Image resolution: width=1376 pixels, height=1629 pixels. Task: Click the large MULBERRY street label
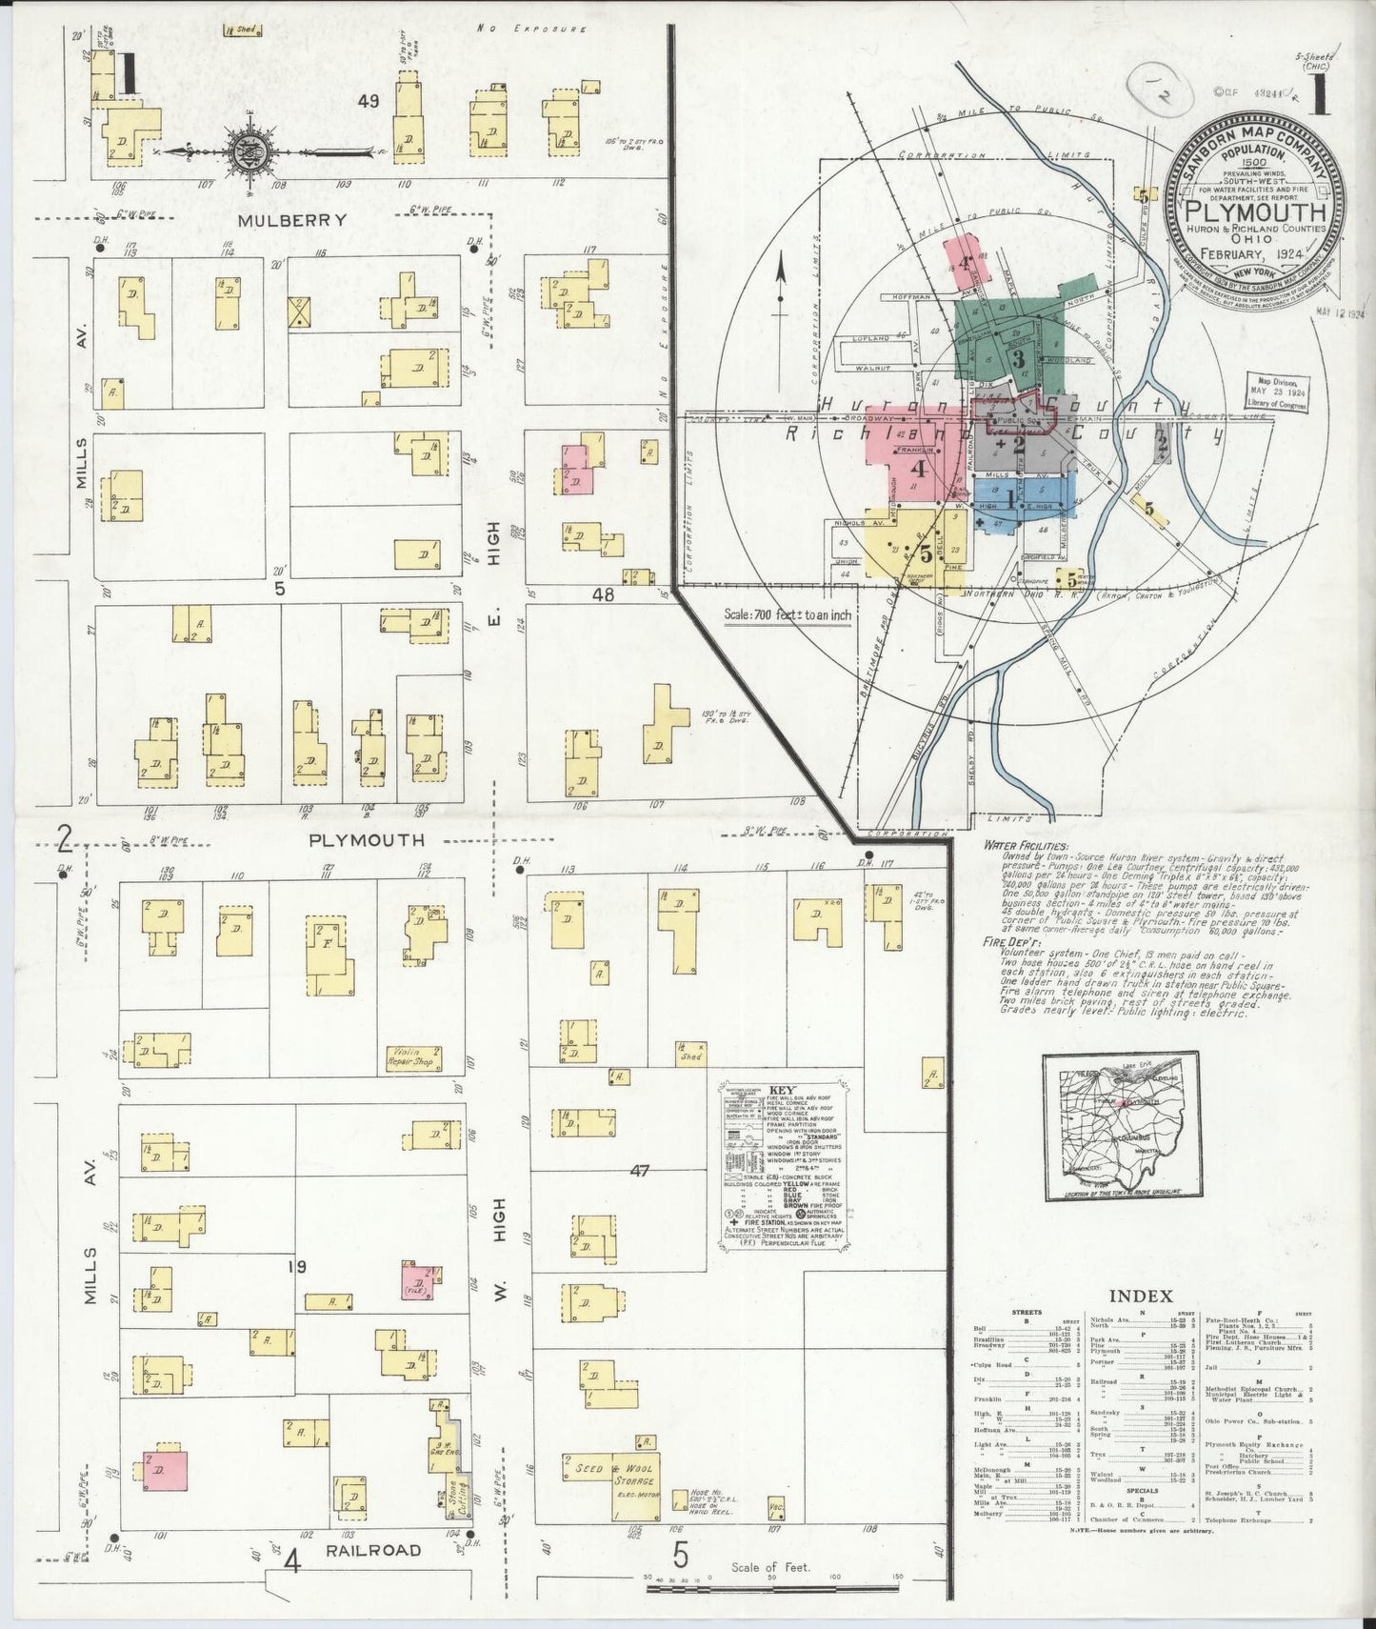(278, 219)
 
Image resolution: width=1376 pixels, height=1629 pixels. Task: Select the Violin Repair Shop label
(411, 1056)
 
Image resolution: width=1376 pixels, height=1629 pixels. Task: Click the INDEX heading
(1140, 1295)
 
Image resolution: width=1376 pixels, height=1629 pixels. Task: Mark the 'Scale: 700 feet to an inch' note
(788, 614)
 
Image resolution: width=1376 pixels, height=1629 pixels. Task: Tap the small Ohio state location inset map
(1119, 1127)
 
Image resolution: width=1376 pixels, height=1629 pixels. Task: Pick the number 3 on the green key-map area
(1018, 359)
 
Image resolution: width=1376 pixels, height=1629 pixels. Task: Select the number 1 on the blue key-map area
(1010, 494)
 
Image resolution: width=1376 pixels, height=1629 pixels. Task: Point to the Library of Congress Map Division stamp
(1276, 392)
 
